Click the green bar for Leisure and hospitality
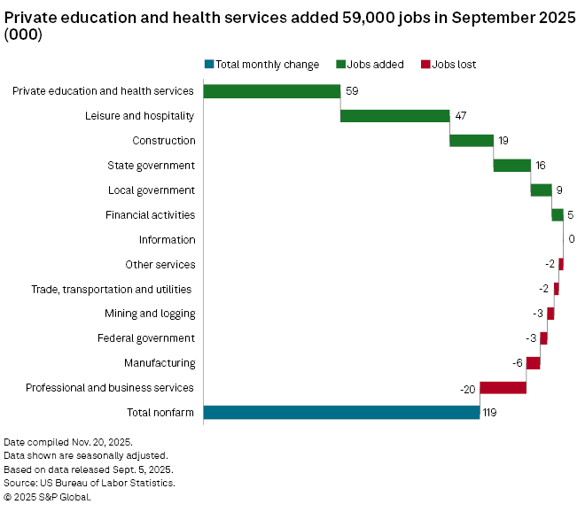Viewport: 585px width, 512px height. point(394,115)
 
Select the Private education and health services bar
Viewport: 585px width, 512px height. point(272,90)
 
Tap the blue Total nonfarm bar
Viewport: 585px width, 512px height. point(341,412)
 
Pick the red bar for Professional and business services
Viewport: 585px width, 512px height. point(503,387)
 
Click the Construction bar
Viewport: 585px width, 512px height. point(472,140)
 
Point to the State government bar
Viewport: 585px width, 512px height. point(511,165)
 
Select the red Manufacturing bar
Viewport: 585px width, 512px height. point(533,362)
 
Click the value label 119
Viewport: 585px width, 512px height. point(490,412)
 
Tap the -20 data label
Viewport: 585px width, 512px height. point(467,388)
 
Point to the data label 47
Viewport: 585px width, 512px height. point(460,115)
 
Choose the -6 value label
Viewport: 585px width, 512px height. point(517,363)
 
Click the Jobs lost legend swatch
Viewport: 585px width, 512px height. point(425,64)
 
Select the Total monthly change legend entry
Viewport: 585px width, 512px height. point(261,64)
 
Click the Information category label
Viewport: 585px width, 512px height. point(167,239)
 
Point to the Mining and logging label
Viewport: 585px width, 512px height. point(150,314)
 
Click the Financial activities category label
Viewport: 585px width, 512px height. point(150,214)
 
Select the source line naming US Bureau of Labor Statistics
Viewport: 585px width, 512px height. point(90,483)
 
